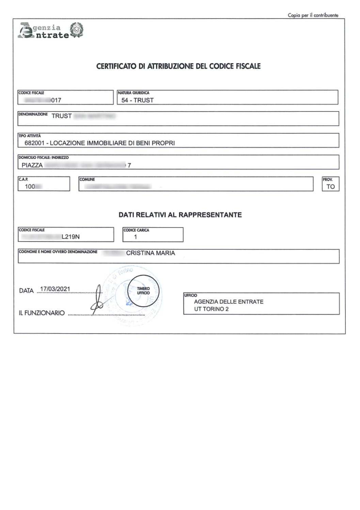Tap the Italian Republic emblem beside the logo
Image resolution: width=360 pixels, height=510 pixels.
(x=77, y=30)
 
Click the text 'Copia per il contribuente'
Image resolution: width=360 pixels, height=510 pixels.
(x=313, y=15)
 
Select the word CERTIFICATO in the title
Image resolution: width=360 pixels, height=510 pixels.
(x=116, y=66)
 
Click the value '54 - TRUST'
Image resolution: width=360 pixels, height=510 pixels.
(x=138, y=100)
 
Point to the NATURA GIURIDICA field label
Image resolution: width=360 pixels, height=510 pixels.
(x=133, y=93)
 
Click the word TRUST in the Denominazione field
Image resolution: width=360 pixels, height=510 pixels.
(x=62, y=116)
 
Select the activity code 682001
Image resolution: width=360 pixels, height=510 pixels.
(x=34, y=143)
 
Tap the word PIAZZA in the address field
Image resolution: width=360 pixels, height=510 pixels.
(x=32, y=165)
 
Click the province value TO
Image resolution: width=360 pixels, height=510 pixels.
(x=330, y=186)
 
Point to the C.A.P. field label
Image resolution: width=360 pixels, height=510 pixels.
(x=23, y=179)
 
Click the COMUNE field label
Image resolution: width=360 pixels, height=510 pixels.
(x=87, y=179)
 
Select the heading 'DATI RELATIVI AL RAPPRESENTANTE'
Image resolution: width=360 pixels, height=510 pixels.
(x=180, y=215)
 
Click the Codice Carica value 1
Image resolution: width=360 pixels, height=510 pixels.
(x=136, y=237)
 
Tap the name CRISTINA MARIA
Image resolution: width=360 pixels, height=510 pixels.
(x=151, y=253)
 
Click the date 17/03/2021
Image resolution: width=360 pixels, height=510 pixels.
(x=55, y=289)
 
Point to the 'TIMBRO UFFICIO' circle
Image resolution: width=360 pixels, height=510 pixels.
(x=143, y=291)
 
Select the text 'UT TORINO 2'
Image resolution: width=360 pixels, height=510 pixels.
(x=211, y=309)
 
